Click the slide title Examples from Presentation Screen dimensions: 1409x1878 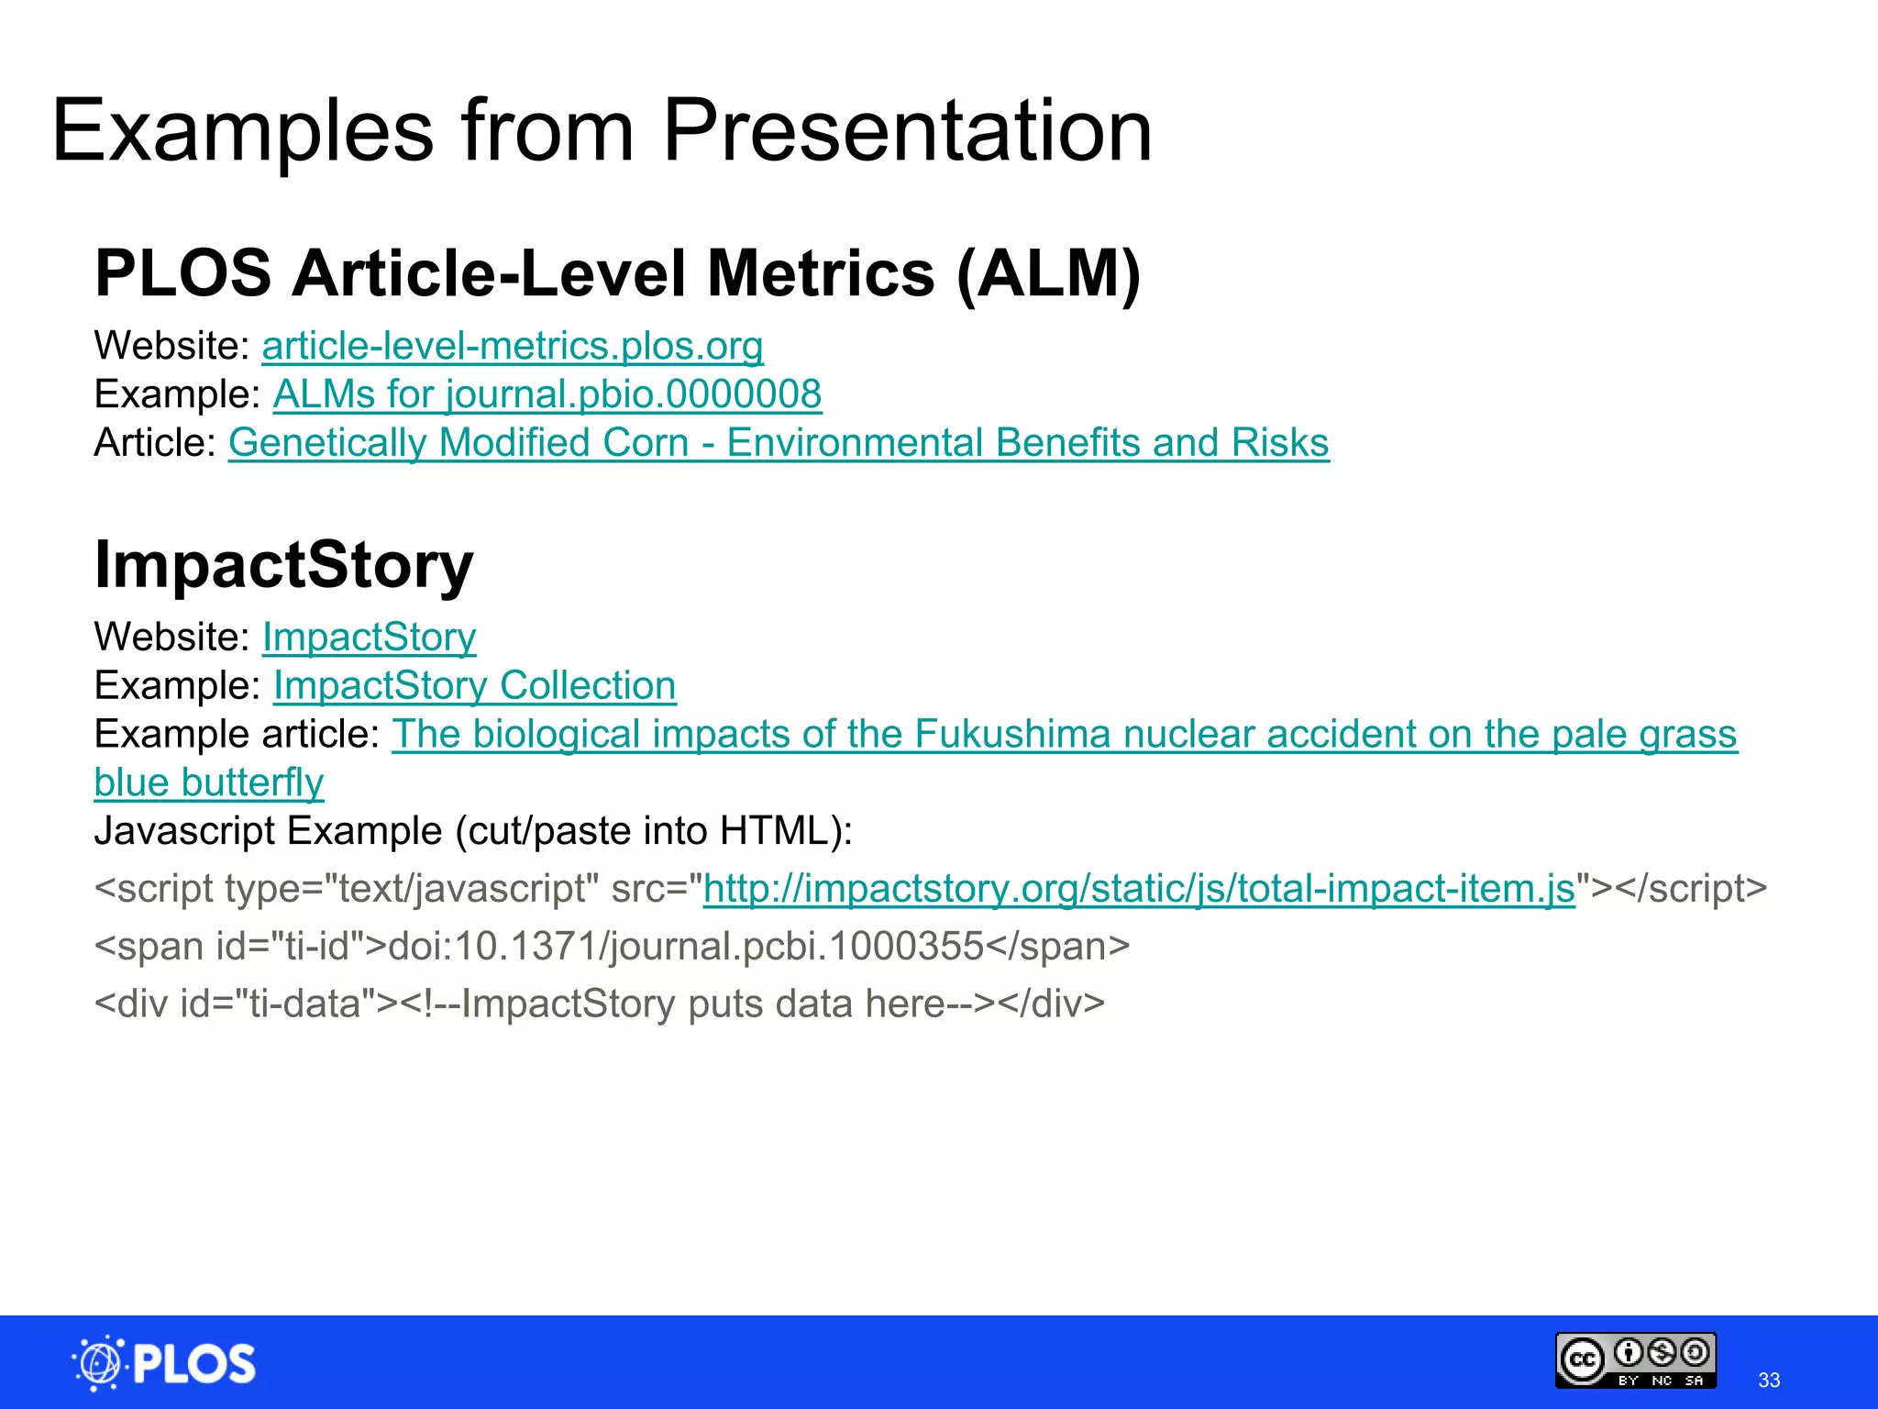point(602,131)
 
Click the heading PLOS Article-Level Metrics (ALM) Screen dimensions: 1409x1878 point(617,273)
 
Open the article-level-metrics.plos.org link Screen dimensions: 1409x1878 point(513,347)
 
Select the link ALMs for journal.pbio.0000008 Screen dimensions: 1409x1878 point(547,395)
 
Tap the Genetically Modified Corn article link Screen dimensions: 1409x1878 point(779,443)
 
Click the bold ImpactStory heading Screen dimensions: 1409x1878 point(283,564)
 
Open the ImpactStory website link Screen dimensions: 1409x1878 point(369,638)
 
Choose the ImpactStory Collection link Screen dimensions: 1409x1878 point(474,686)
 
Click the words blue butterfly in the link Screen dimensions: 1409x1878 point(209,783)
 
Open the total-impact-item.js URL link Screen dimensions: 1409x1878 point(1139,889)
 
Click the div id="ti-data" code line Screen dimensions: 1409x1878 point(599,1004)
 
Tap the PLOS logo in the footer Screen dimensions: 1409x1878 point(165,1363)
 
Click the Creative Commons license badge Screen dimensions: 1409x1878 point(1635,1360)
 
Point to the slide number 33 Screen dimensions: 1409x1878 point(1769,1380)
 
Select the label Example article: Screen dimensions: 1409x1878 point(237,735)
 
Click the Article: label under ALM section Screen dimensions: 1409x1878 point(155,443)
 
